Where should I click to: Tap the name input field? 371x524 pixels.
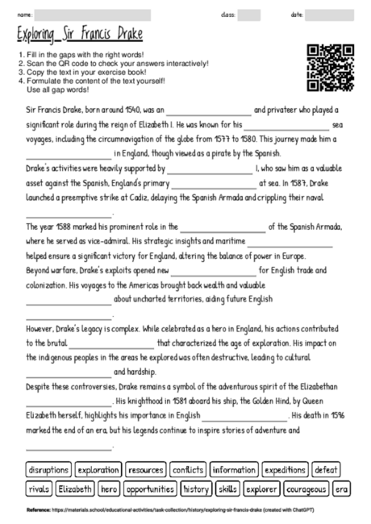coord(93,15)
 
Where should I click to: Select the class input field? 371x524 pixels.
coord(249,15)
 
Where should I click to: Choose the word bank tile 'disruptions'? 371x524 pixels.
coord(48,469)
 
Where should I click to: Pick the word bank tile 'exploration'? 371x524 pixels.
coord(98,469)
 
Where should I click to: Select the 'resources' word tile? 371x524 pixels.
coord(146,469)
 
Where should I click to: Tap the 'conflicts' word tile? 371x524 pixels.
coord(188,469)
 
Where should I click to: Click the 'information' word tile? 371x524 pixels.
coord(234,469)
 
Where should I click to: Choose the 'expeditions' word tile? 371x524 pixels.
coord(285,469)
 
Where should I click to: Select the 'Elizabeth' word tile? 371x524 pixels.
coord(75,489)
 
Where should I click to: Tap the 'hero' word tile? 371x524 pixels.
coord(110,489)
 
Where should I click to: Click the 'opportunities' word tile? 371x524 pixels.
coord(151,489)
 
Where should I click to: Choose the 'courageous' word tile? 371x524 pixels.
coord(306,489)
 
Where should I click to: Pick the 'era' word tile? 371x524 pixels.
coord(342,489)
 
